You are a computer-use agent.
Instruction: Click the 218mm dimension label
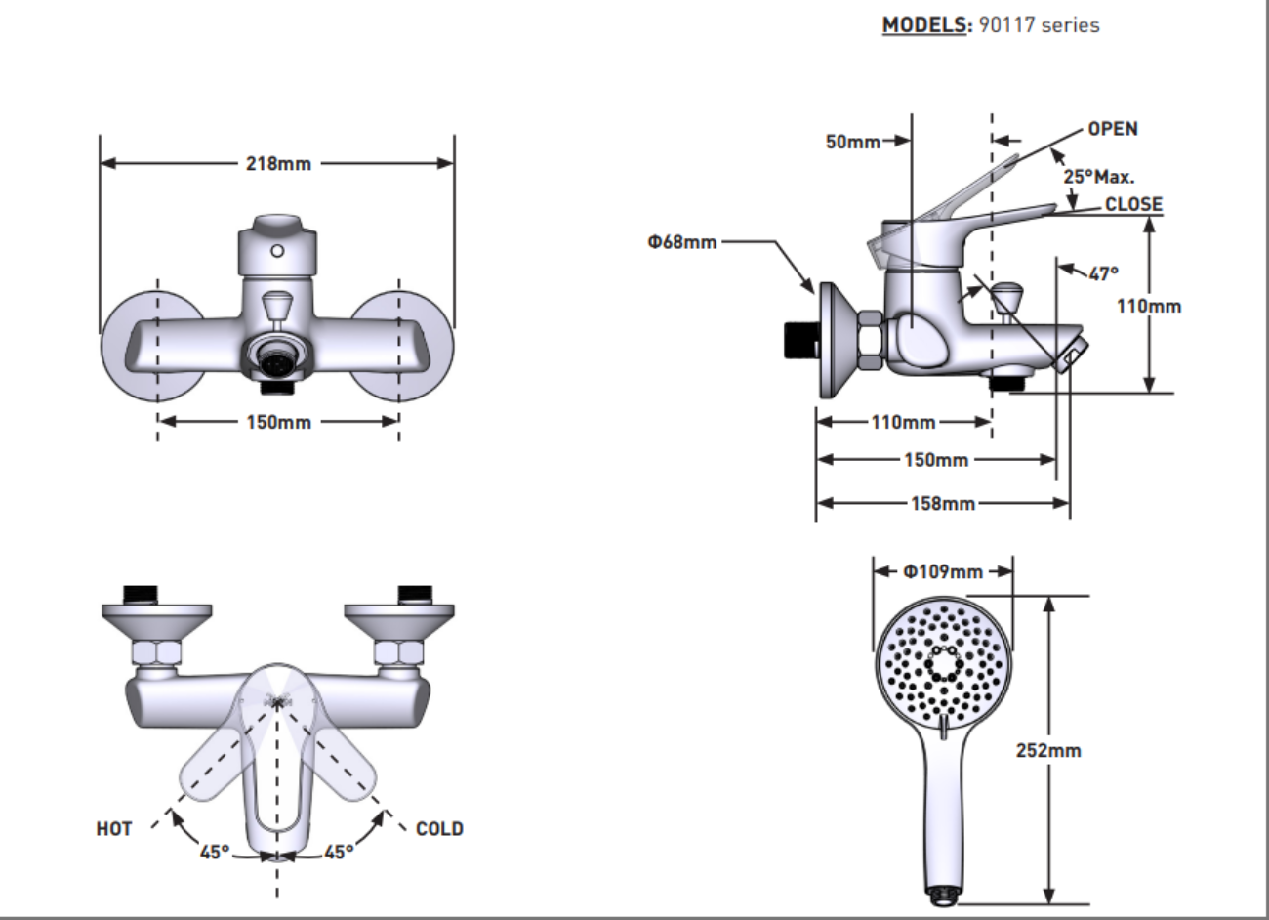point(278,164)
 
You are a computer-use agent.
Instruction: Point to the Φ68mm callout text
point(681,242)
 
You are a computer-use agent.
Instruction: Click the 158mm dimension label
point(943,504)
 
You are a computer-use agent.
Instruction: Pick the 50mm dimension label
point(852,142)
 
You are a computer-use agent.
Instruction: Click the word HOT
point(113,828)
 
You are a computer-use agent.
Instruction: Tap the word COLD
point(439,828)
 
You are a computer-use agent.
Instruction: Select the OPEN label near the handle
point(1113,129)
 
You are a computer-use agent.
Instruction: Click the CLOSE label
point(1133,204)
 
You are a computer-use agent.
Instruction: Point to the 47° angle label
point(1103,273)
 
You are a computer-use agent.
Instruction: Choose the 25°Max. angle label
point(1099,178)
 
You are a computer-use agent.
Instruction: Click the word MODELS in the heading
point(923,24)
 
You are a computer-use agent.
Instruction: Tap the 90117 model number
point(1006,24)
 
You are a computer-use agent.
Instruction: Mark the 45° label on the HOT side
point(215,852)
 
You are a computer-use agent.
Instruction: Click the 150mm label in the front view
point(278,422)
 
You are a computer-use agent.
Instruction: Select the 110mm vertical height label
point(1149,306)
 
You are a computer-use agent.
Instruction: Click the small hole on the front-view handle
point(278,251)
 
